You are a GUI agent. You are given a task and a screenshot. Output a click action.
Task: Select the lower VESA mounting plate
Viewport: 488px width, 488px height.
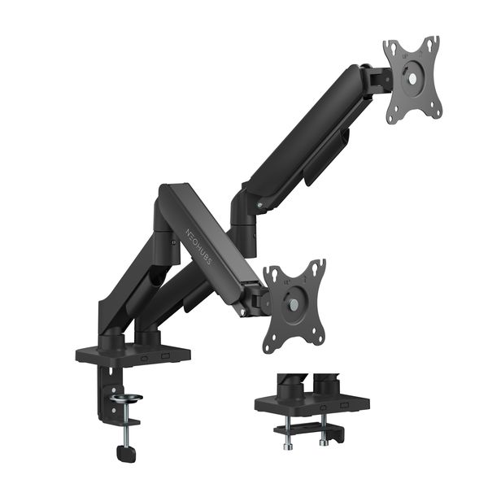294,305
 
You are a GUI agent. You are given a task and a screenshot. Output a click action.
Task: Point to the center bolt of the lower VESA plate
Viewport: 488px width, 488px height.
294,307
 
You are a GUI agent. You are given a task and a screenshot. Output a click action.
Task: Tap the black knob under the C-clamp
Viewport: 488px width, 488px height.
125,452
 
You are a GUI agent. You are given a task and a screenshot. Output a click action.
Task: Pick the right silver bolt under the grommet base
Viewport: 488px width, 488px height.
323,442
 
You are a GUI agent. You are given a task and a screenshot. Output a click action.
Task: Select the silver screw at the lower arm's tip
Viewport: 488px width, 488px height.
242,309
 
